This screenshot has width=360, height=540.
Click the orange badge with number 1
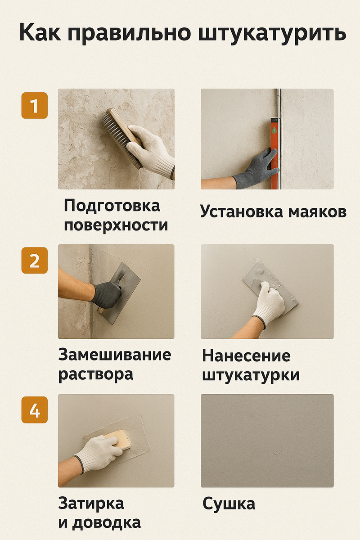point(35,106)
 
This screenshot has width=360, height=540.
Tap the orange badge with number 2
point(35,261)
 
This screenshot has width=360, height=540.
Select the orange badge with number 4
point(35,410)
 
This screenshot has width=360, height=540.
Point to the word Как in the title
point(40,32)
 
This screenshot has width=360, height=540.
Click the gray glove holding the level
point(255,168)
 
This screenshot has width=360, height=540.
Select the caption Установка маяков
point(274,212)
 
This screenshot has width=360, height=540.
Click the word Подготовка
point(112,206)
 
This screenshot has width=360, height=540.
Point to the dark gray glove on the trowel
point(107,295)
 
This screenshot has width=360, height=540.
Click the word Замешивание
point(115,355)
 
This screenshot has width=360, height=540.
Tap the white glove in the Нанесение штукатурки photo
point(270,304)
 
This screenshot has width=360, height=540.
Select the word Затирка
point(91,504)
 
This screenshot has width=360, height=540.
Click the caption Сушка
point(229,504)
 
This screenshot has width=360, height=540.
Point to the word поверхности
point(116,225)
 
